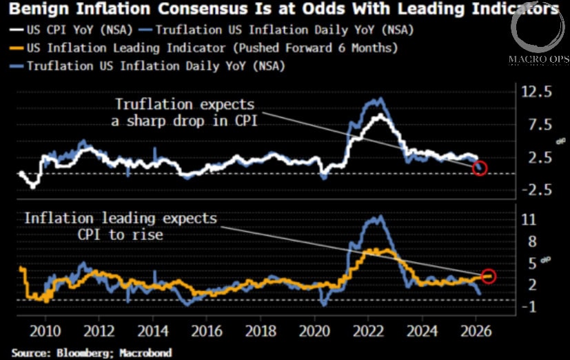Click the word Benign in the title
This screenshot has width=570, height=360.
[34, 10]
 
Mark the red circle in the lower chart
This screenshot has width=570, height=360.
[489, 276]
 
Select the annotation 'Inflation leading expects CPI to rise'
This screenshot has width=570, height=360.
[121, 226]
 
